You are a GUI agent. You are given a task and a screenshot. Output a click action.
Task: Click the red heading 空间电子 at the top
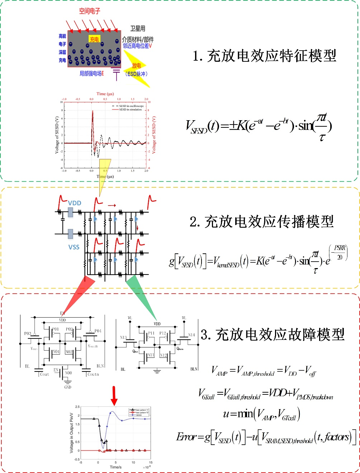point(90,11)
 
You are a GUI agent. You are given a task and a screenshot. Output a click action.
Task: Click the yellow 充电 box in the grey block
point(94,39)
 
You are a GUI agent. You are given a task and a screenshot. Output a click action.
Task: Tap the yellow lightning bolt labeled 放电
point(136,66)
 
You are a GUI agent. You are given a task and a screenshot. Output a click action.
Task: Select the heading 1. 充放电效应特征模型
point(265,56)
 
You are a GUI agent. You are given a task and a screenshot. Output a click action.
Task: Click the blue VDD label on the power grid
point(75,203)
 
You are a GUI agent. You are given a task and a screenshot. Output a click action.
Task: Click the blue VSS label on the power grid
point(74,247)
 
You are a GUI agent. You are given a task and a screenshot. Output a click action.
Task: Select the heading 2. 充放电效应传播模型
point(262,221)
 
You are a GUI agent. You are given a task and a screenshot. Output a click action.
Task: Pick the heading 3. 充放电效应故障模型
point(273,334)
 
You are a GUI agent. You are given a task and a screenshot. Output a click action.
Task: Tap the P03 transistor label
point(28,333)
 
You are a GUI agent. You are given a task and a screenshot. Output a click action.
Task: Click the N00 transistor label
point(68,373)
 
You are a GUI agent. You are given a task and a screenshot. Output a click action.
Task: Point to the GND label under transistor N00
point(67,387)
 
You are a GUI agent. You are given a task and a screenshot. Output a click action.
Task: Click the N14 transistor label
point(191,335)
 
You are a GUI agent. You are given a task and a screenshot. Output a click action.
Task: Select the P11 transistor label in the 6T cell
point(151,333)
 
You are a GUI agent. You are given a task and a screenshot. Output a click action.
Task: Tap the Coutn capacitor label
point(93,374)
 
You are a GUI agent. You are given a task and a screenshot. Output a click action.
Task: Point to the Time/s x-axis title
point(115,467)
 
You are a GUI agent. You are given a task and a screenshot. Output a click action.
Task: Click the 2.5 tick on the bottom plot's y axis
point(77,407)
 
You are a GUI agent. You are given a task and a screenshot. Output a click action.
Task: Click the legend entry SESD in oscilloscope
point(131,106)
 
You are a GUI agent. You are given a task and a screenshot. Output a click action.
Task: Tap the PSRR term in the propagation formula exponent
point(340,248)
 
